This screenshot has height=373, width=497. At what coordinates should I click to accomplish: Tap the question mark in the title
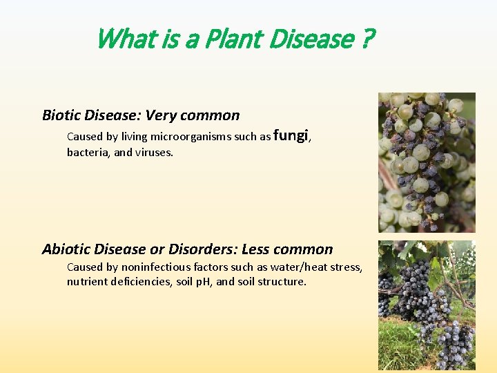coord(366,39)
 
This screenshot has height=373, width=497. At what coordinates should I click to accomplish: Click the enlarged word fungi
coord(291,135)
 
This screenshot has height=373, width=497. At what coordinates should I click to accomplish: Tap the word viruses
coord(153,152)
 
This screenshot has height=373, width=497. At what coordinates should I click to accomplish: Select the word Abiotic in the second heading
coord(69,249)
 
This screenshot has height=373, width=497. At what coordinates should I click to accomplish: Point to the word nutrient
coord(87,282)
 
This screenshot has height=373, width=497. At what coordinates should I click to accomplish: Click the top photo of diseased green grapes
coord(427,162)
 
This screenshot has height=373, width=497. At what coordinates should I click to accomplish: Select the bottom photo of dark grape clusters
coord(427,305)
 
